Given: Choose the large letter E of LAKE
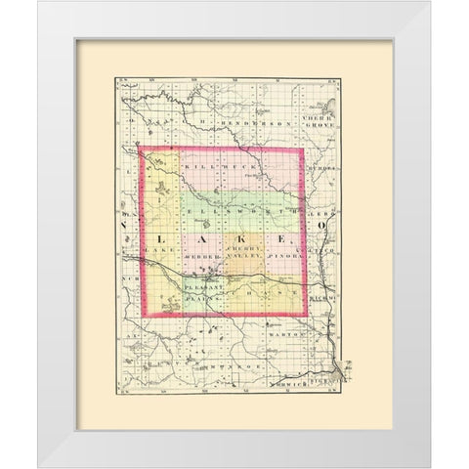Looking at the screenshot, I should pyautogui.click(x=284, y=237).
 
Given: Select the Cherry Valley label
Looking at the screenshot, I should pyautogui.click(x=240, y=253).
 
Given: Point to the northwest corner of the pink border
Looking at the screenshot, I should pyautogui.click(x=144, y=148).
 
